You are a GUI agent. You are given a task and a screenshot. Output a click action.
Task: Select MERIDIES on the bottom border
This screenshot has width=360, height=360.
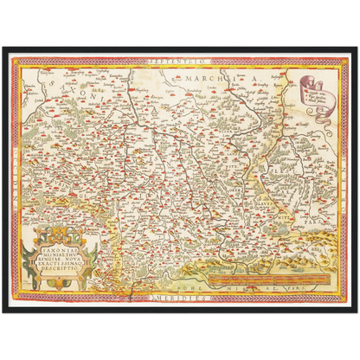click(180, 297)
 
